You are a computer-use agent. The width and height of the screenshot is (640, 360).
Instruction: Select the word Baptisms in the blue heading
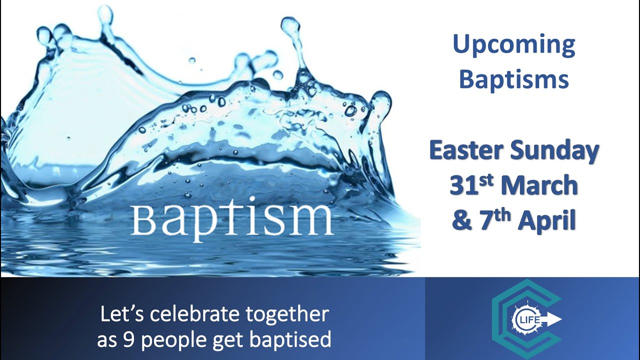point(514,79)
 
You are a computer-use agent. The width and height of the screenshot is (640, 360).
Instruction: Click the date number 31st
point(471,185)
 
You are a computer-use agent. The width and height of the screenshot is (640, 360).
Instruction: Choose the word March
point(539,186)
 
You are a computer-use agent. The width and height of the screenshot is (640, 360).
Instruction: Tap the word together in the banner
point(287,315)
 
